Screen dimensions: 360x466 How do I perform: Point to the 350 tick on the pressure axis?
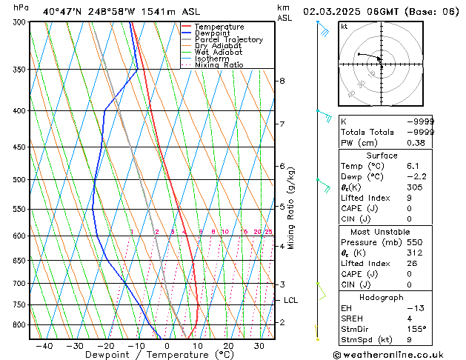(17, 70)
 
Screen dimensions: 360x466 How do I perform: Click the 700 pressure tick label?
(17, 284)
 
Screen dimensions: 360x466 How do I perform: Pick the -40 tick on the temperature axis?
(44, 345)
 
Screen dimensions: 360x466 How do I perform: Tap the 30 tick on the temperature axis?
(259, 345)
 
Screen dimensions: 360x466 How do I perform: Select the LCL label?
(290, 300)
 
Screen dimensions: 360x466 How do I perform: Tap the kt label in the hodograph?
(344, 27)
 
